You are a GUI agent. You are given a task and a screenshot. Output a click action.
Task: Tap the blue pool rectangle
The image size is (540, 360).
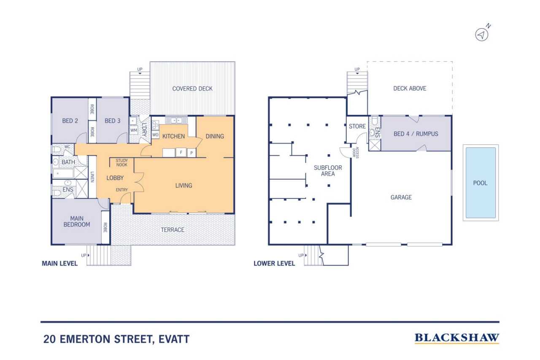coord(481,183)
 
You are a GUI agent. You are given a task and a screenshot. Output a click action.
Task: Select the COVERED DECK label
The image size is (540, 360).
coord(192,89)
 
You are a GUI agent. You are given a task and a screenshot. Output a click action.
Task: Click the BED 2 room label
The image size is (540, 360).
coord(70,121)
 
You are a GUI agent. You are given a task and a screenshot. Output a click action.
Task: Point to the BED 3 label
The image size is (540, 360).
coord(112,121)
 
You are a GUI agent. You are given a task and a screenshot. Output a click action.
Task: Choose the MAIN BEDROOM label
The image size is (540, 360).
coord(77,221)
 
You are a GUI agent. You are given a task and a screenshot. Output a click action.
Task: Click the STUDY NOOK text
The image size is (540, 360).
coord(122,162)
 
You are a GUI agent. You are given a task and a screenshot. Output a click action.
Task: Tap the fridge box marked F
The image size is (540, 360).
coord(181,152)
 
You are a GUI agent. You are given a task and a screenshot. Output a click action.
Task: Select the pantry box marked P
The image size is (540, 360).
coord(192,153)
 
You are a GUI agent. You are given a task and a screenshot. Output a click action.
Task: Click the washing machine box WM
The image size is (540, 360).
coord(134,130)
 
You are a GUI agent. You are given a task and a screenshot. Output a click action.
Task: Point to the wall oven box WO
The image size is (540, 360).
coord(155,135)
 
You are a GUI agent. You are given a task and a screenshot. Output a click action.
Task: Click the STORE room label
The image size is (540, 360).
coord(357,126)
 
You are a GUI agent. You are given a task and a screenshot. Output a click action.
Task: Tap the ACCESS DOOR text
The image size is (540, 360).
coord(356,152)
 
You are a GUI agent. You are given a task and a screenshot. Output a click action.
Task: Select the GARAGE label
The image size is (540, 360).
coord(401,197)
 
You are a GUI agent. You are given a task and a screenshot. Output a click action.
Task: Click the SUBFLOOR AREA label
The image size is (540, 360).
coord(328,171)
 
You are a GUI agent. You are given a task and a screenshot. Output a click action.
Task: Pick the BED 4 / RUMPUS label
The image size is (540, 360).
coord(416,134)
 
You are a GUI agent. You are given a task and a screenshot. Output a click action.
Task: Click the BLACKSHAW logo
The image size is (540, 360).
coord(457,338)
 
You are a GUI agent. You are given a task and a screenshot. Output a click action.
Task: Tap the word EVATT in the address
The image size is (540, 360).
coord(174,339)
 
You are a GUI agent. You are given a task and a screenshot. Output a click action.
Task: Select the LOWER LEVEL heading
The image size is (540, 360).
coord(274,263)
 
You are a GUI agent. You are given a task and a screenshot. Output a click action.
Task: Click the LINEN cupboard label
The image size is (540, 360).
coord(92,177)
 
